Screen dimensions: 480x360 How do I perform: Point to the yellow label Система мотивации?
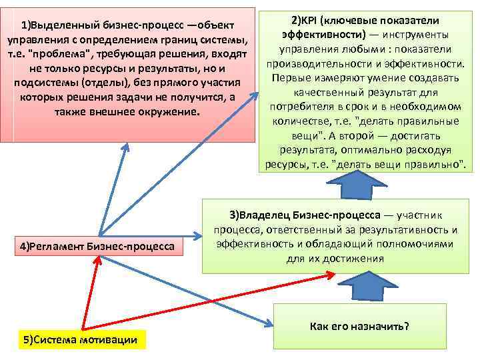[80, 340]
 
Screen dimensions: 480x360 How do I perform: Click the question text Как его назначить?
[359, 326]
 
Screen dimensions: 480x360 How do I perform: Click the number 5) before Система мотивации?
[28, 340]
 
